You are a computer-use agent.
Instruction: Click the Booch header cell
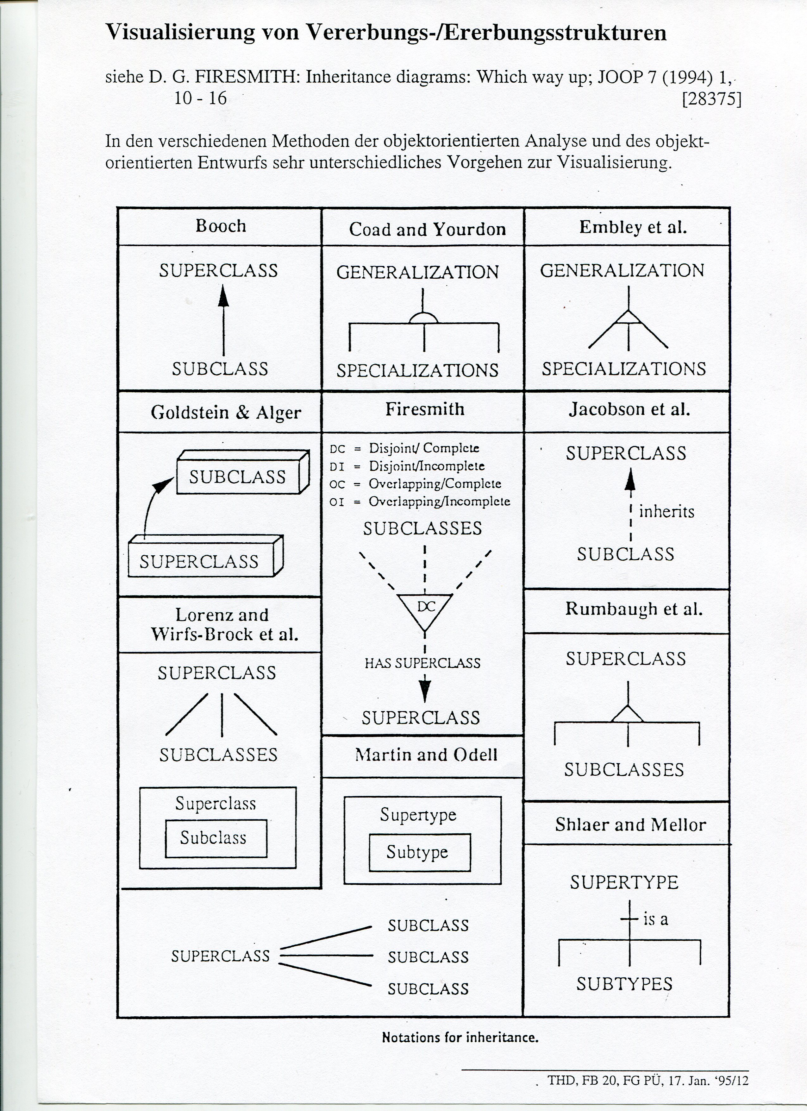pyautogui.click(x=220, y=226)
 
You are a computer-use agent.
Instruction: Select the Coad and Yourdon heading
pyautogui.click(x=427, y=229)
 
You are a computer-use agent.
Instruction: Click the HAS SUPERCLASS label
pyautogui.click(x=422, y=663)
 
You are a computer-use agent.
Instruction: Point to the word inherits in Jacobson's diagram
pyautogui.click(x=666, y=512)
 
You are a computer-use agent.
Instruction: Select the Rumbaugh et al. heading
pyautogui.click(x=634, y=609)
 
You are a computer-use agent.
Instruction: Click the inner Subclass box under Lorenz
pyautogui.click(x=216, y=838)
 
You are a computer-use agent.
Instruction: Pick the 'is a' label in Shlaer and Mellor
pyautogui.click(x=655, y=919)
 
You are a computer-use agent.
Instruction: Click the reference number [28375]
pyautogui.click(x=711, y=99)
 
